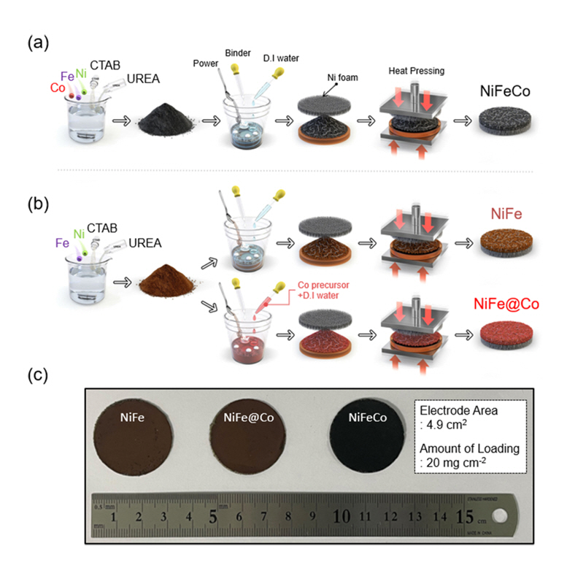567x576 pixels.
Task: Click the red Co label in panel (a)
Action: tap(58, 88)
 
